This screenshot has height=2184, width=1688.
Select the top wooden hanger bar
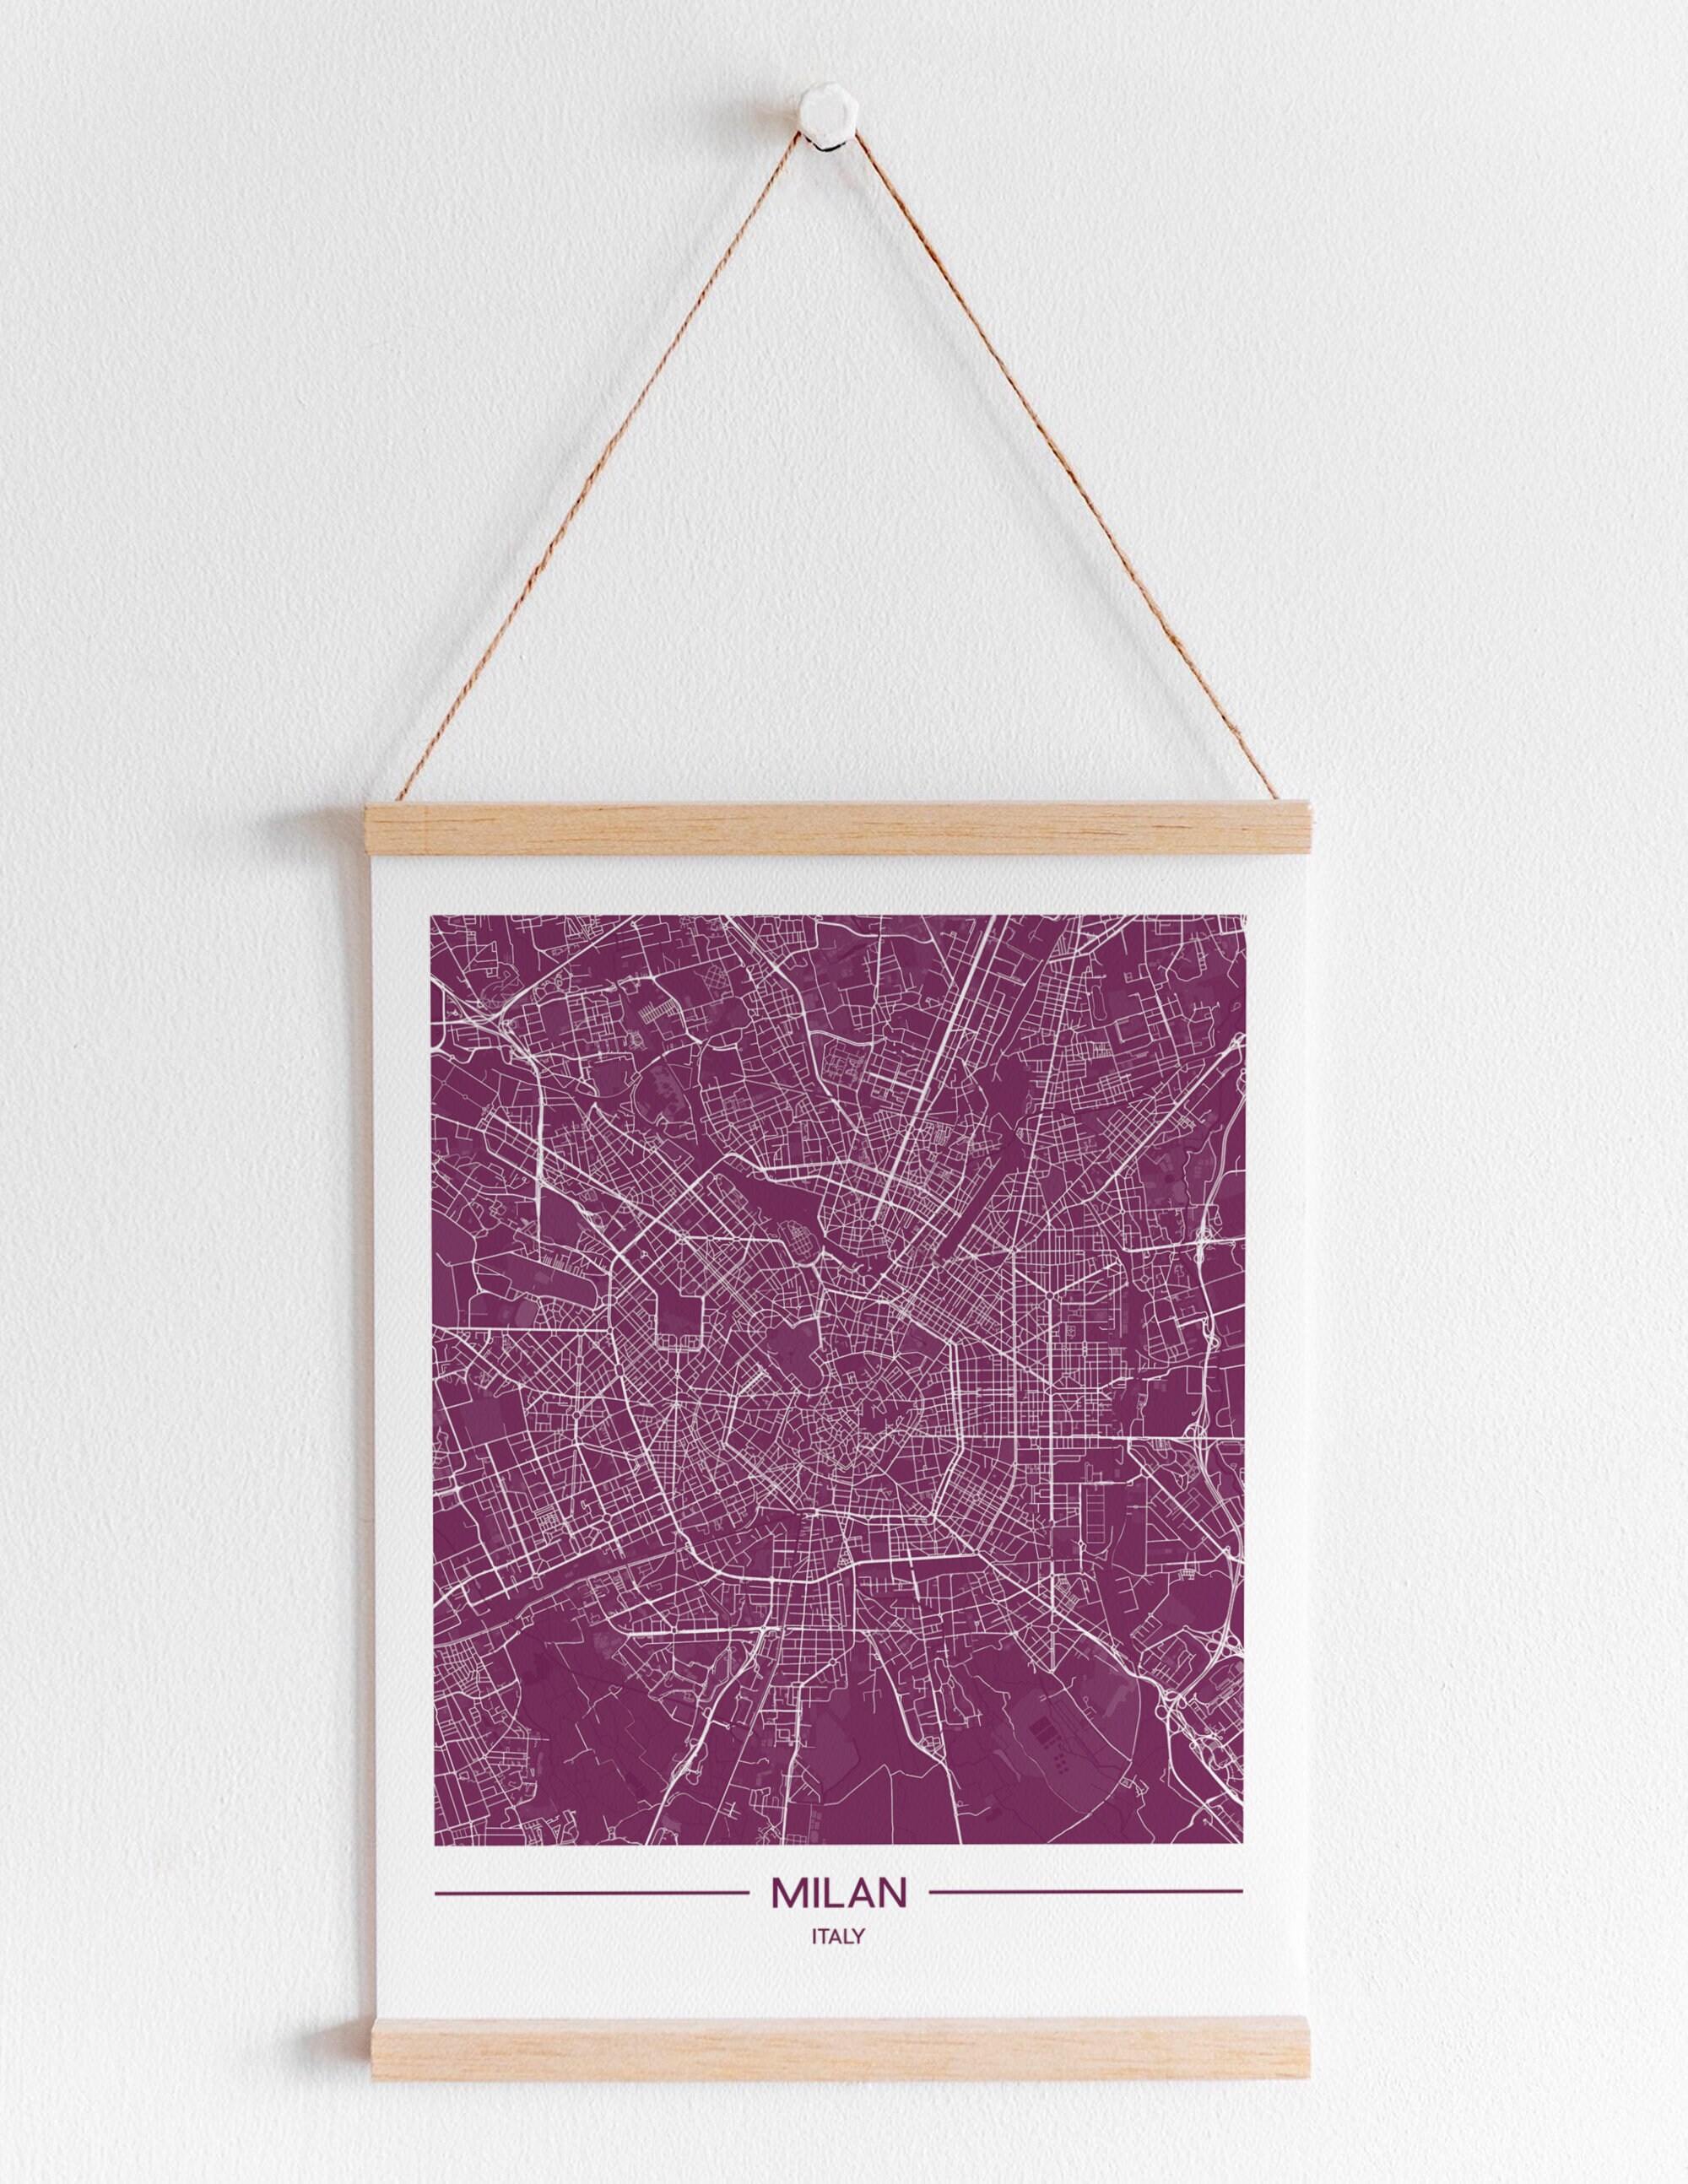(840, 827)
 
